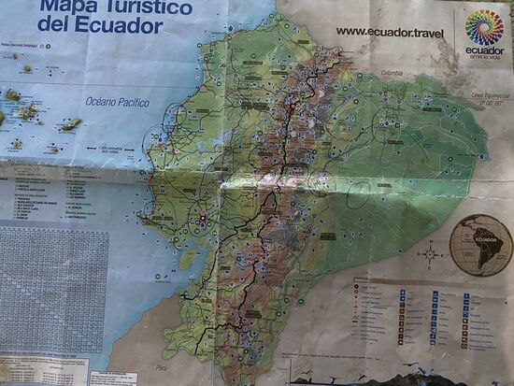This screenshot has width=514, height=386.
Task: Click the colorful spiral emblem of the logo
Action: (x=484, y=28)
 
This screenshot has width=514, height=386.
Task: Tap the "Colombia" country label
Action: (x=390, y=72)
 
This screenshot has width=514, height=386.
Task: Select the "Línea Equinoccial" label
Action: (x=490, y=95)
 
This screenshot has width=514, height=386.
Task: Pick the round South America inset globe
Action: (x=480, y=245)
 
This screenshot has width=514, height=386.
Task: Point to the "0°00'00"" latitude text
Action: (x=492, y=104)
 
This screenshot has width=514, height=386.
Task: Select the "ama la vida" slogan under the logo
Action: (x=484, y=57)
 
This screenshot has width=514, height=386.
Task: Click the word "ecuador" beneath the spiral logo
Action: (x=484, y=50)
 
